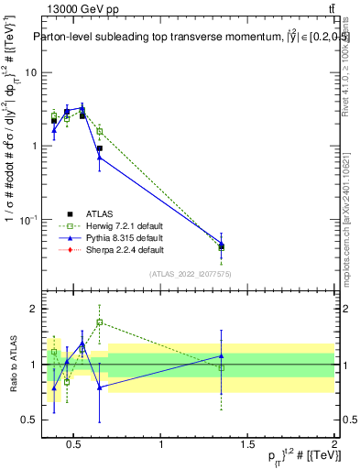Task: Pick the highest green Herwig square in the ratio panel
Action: [99, 322]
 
